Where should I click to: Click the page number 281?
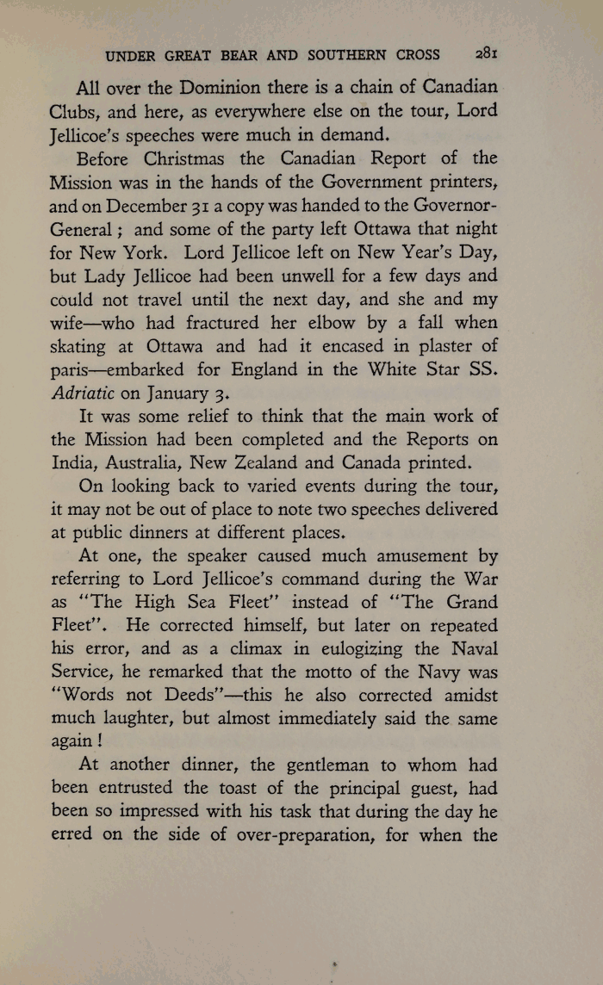487,54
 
